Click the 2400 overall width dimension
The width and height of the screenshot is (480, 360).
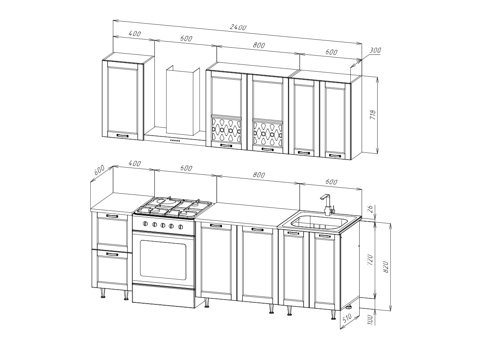click(238, 27)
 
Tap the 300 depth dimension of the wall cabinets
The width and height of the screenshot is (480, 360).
click(375, 50)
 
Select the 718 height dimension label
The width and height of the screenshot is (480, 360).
click(373, 114)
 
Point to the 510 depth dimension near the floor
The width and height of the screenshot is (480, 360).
click(347, 318)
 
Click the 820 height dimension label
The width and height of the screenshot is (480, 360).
click(386, 267)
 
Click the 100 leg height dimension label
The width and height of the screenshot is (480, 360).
click(370, 320)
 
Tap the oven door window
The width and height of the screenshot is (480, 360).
click(163, 260)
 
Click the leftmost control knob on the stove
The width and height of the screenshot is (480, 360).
click(145, 224)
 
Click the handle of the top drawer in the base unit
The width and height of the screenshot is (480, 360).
click(112, 216)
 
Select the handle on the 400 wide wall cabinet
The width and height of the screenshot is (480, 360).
click(122, 136)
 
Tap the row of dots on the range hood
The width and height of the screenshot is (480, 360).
click(175, 140)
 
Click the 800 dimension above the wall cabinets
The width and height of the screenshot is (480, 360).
click(259, 45)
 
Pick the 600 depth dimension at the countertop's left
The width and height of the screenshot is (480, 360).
click(99, 170)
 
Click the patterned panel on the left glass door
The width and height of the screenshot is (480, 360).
click(226, 130)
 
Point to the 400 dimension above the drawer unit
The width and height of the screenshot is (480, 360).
click(134, 163)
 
